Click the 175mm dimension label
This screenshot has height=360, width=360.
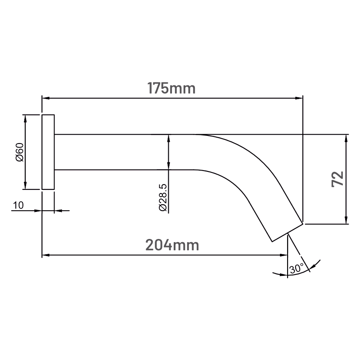tap(171, 88)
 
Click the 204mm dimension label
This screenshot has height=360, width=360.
tap(172, 245)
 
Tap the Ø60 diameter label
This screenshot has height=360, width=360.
tap(20, 152)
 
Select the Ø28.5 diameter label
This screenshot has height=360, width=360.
tap(163, 198)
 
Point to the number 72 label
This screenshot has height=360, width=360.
tap(338, 179)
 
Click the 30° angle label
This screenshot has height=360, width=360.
tap(297, 268)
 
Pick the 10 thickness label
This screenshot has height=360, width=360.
tap(18, 205)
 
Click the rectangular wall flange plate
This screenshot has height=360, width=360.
tap(48, 152)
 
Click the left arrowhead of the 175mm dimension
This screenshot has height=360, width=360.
tap(45, 98)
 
